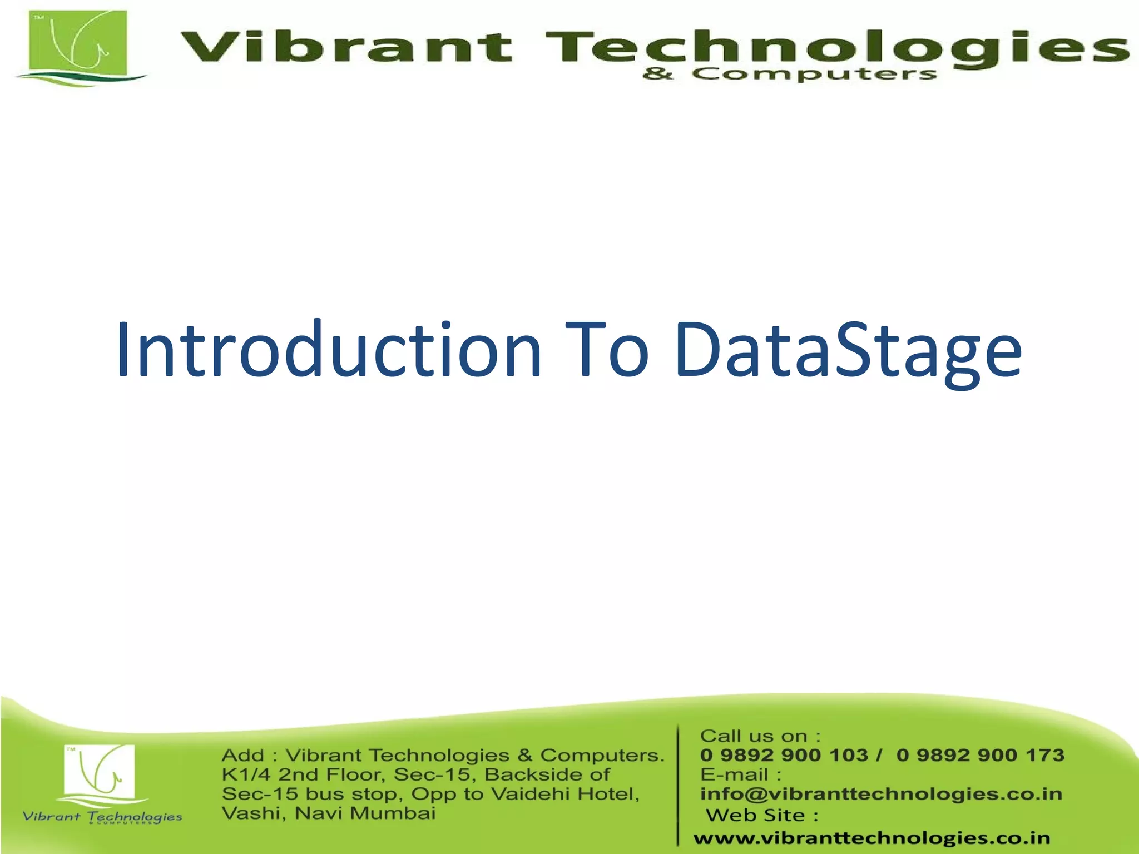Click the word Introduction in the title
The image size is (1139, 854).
(328, 350)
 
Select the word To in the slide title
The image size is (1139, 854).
(606, 350)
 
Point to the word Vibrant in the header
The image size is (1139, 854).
(345, 47)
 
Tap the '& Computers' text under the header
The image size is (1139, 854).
(790, 74)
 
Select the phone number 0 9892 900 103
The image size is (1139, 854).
(784, 755)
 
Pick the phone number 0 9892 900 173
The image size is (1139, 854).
(980, 755)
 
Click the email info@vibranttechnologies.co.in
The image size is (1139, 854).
(881, 794)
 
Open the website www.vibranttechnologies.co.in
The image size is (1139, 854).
(871, 837)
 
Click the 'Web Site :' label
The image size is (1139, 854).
(762, 815)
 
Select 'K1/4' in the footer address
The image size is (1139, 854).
(245, 774)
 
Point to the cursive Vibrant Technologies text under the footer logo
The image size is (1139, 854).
(102, 816)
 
